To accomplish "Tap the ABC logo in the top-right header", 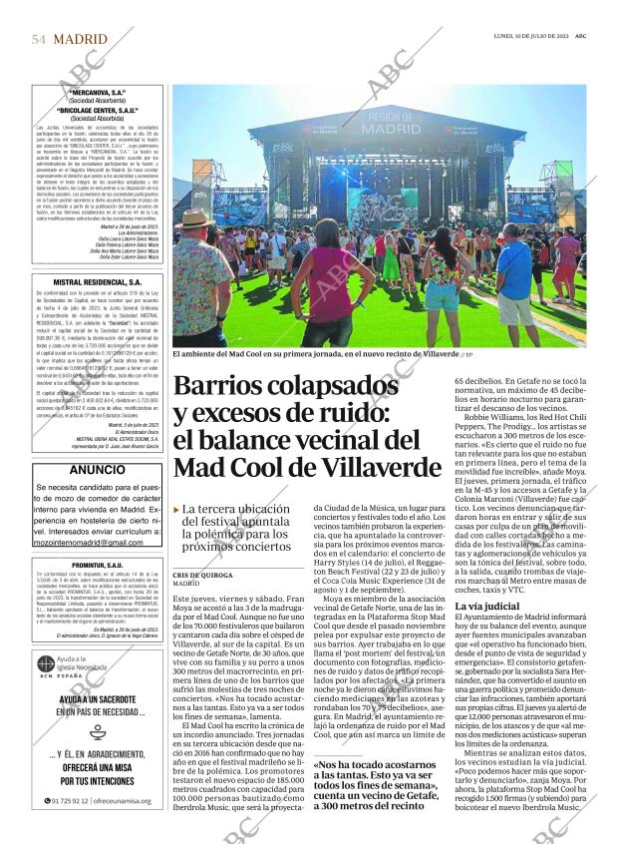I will [593, 37].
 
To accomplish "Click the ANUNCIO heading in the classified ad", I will [98, 469].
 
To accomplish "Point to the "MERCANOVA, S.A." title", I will [98, 92].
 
